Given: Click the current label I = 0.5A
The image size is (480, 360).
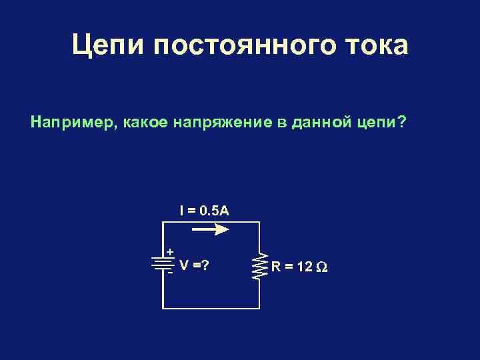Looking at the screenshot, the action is point(205,211).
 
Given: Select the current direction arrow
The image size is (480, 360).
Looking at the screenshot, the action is point(211,229).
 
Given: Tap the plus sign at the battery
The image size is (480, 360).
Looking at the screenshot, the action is point(170,252).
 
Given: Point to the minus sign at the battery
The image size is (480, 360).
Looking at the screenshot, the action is point(171,271).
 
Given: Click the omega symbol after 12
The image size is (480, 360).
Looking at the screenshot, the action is point(321,267).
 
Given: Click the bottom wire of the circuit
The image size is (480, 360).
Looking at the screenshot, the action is point(211,308).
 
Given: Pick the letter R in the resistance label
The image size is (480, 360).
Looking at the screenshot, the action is point(276,267).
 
